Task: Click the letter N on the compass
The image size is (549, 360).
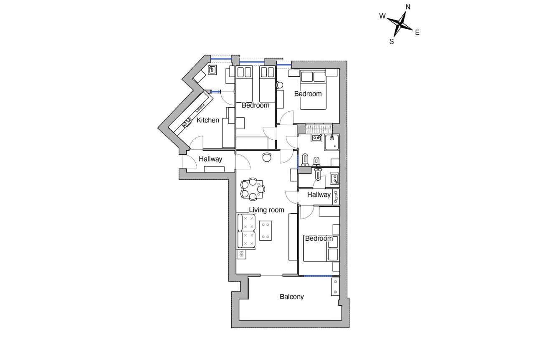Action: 408,7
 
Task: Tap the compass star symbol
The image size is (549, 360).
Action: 401,24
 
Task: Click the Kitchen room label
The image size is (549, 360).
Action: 208,120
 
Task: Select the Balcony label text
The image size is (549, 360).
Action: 292,297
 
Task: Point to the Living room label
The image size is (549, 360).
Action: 267,210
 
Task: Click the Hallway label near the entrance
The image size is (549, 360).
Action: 210,159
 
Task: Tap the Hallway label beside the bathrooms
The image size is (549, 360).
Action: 319,194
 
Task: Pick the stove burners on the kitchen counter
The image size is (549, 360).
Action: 186,123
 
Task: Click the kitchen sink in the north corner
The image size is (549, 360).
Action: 212,69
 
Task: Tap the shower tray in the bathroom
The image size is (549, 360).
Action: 332,142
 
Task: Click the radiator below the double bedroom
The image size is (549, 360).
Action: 319,128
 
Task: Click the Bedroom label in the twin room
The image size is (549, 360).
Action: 256,106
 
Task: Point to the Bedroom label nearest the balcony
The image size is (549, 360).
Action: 319,239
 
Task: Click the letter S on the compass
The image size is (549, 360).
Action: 392,41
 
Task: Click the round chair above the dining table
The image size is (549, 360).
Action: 267,157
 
